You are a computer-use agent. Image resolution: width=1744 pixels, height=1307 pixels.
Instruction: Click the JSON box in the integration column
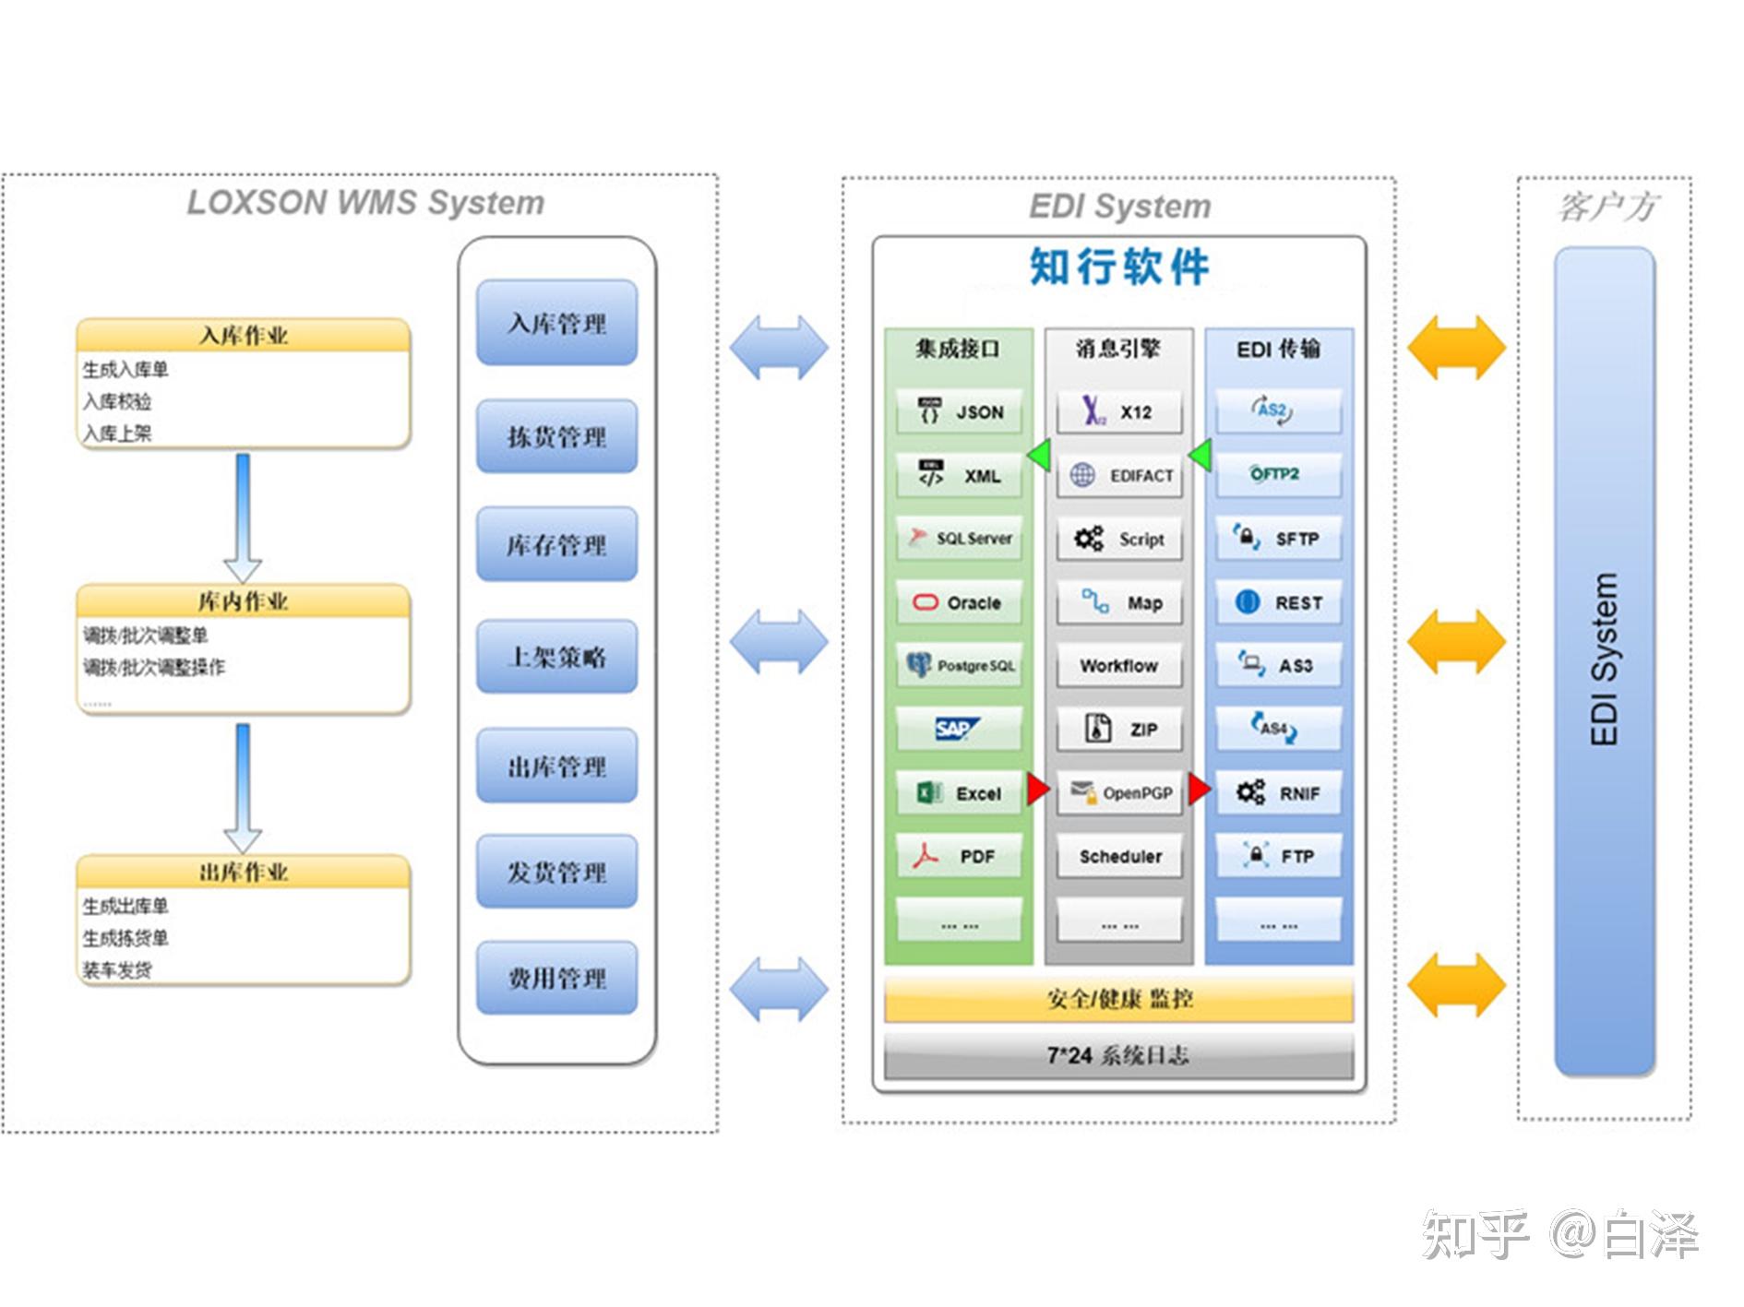point(959,411)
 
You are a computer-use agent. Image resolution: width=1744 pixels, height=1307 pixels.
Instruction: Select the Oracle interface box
point(959,602)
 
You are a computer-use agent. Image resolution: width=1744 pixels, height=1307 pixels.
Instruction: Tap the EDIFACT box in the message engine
point(1119,475)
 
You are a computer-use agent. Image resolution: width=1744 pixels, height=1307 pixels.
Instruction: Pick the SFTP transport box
point(1278,539)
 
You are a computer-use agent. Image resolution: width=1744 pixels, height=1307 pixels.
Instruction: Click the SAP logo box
point(959,729)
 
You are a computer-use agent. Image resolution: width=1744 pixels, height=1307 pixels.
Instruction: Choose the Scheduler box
point(1119,856)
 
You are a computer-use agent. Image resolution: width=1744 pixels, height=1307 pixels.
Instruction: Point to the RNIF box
point(1278,792)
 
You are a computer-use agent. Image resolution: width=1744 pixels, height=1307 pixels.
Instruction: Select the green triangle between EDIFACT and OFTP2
point(1200,455)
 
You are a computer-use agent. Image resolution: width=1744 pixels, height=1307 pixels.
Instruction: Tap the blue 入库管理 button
point(556,323)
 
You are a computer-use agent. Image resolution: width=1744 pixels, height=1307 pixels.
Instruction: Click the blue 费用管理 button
point(556,978)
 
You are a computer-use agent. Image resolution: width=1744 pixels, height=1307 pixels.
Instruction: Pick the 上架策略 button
point(556,657)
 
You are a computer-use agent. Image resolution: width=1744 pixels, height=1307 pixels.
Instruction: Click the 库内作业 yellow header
point(243,601)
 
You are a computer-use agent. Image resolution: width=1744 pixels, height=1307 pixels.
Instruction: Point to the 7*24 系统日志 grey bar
point(1118,1055)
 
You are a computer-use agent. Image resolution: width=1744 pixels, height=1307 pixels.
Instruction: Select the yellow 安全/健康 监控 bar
point(1118,999)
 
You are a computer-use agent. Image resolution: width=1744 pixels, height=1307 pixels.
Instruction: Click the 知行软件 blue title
point(1118,267)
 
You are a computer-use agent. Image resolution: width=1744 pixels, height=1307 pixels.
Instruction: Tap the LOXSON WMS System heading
point(365,203)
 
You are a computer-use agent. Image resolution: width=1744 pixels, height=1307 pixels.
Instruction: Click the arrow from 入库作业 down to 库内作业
point(243,517)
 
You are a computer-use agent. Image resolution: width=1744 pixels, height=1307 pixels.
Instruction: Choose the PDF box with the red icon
point(959,856)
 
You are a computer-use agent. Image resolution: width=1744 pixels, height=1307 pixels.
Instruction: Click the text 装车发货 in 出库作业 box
point(117,969)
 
